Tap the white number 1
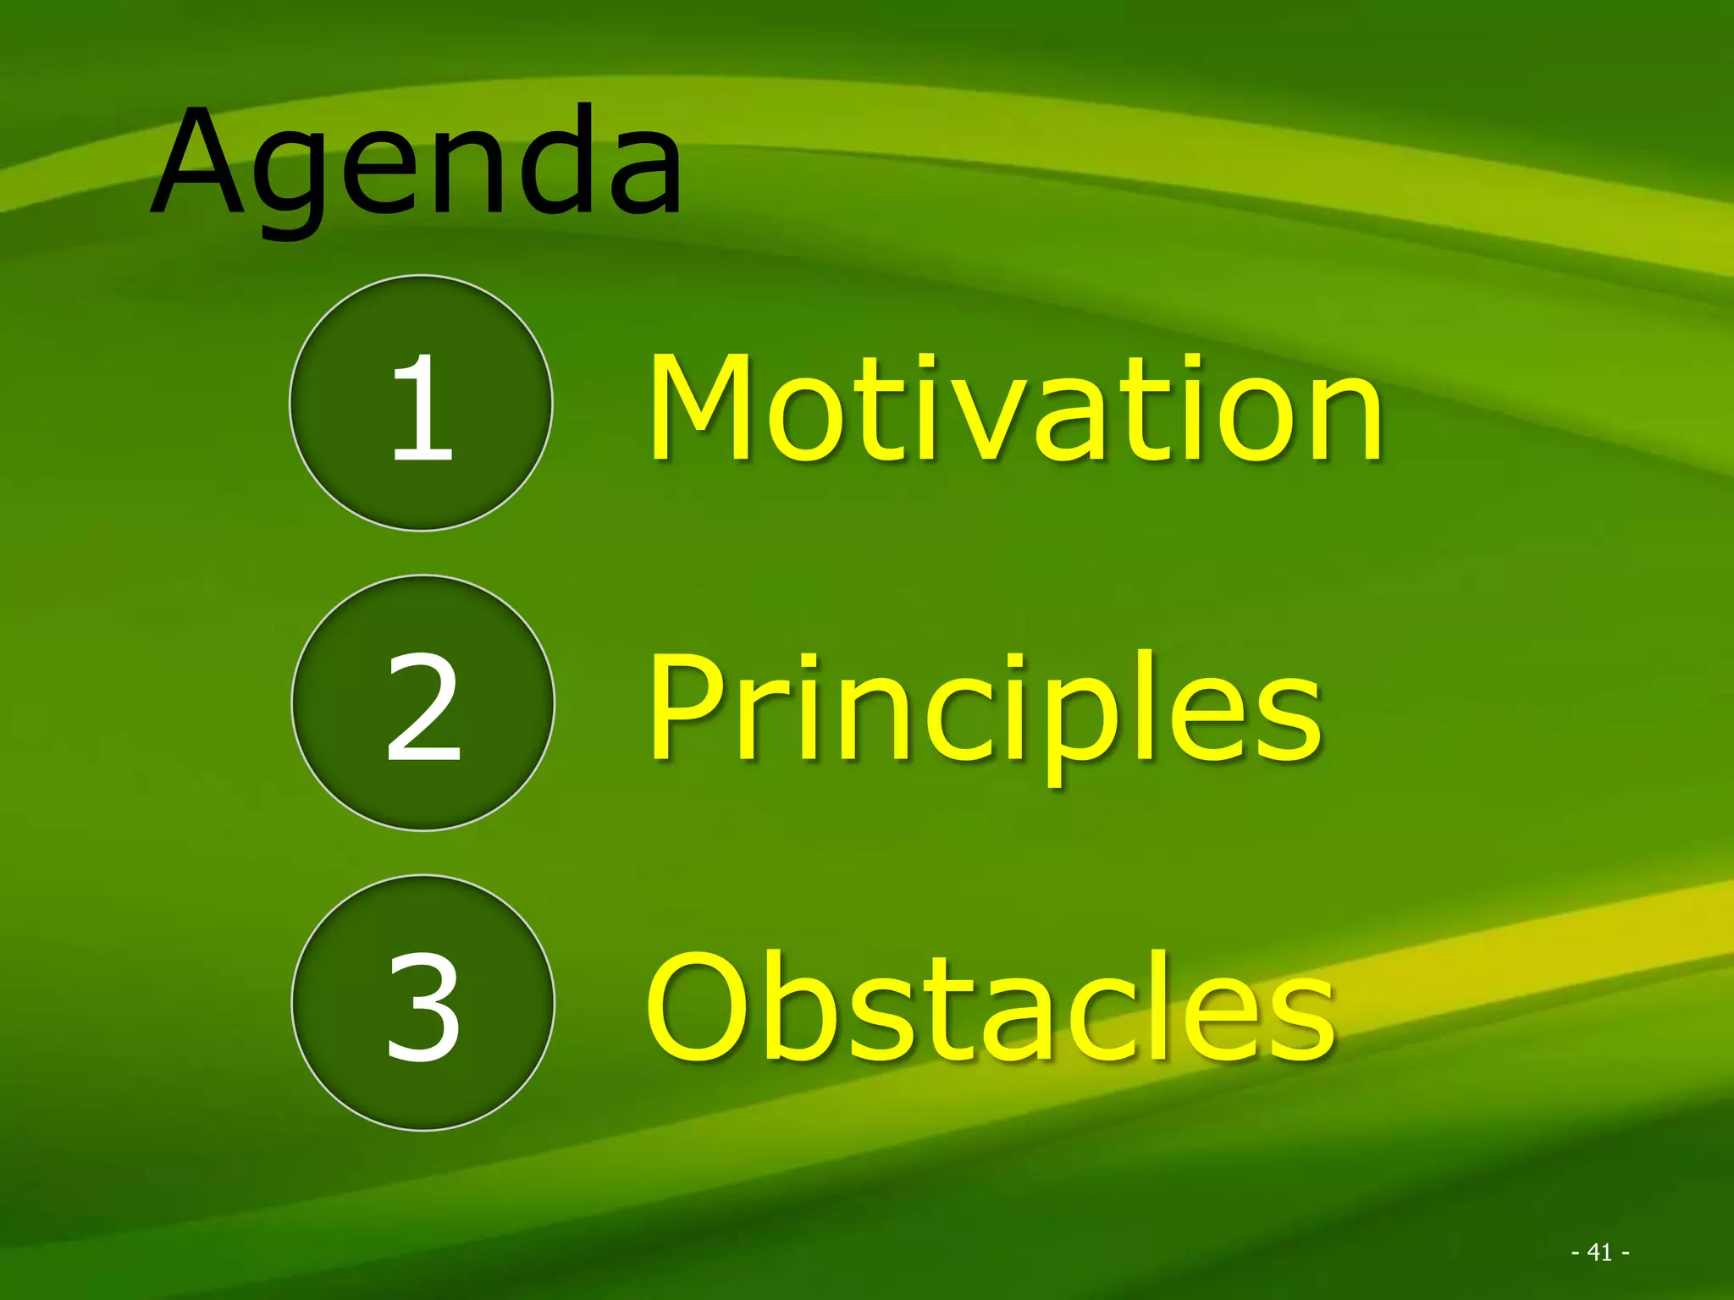click(422, 408)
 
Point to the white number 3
click(423, 1007)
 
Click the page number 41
click(1599, 1252)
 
